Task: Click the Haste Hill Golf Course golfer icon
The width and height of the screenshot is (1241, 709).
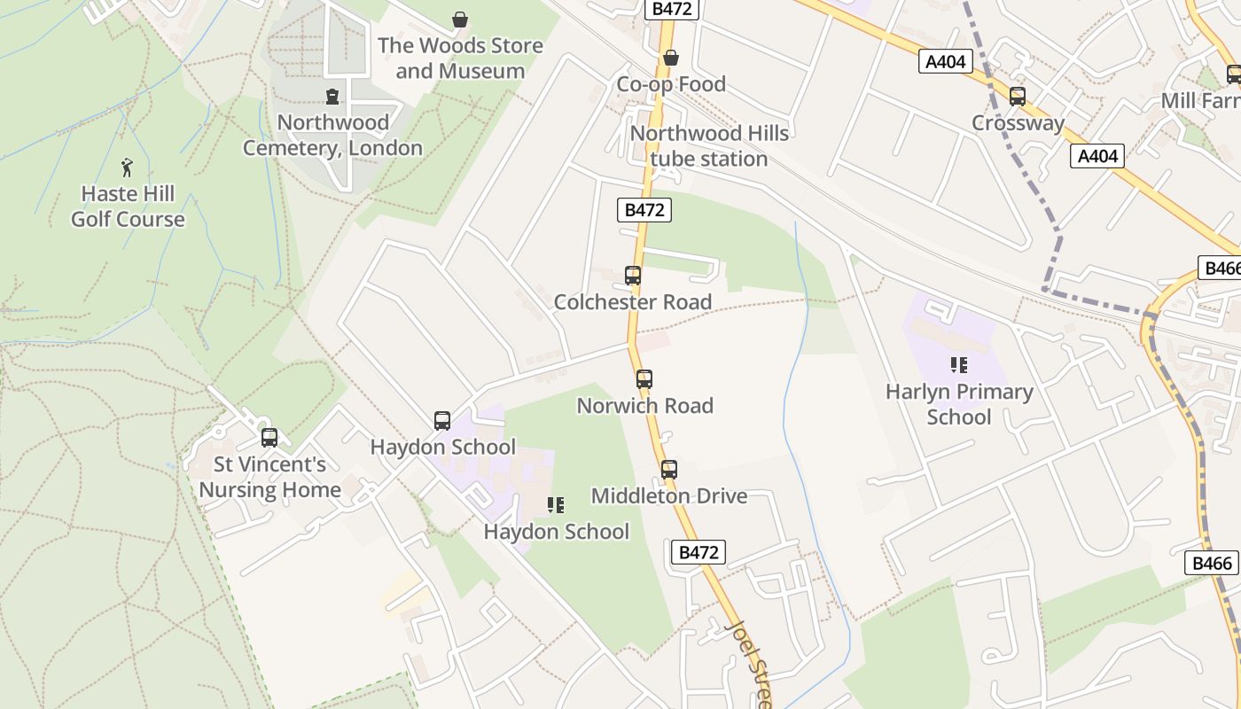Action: pos(127,167)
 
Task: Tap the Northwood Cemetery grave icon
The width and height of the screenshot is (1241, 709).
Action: pos(332,96)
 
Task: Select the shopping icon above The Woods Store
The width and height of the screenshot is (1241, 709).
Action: pos(460,19)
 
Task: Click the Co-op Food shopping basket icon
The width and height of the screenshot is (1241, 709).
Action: pos(671,58)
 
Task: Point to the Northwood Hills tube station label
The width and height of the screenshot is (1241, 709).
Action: pos(709,146)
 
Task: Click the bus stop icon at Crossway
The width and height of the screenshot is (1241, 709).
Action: pos(1018,96)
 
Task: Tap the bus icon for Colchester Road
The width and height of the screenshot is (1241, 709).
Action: pos(633,275)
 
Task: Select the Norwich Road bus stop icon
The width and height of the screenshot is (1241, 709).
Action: pos(644,378)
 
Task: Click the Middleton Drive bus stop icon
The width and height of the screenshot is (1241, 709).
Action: pos(669,469)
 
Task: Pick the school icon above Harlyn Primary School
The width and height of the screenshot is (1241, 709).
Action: pos(958,364)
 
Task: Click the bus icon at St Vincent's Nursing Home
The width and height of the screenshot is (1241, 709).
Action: pos(269,437)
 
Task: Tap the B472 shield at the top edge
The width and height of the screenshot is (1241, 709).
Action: pos(673,9)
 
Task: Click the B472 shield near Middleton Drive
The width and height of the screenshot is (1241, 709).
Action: pos(699,552)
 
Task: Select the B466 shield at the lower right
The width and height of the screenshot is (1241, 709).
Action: pos(1211,563)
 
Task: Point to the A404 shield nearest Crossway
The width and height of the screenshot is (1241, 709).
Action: pos(946,61)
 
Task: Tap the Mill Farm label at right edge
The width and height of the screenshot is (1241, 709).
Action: pos(1201,100)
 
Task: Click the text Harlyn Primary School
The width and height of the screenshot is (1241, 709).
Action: pos(959,404)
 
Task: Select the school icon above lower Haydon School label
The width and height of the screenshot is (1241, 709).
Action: pos(556,505)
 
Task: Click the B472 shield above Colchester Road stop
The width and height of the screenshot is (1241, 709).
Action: pos(644,210)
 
